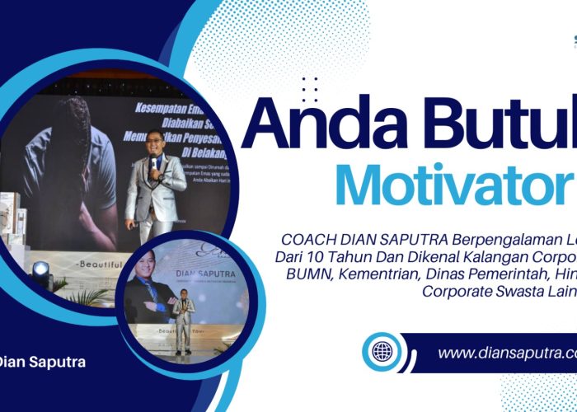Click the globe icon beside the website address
382,352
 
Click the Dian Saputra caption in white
41,362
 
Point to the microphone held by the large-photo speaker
153,162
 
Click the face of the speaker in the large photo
154,143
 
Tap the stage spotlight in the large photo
40,269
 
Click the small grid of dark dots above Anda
309,88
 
